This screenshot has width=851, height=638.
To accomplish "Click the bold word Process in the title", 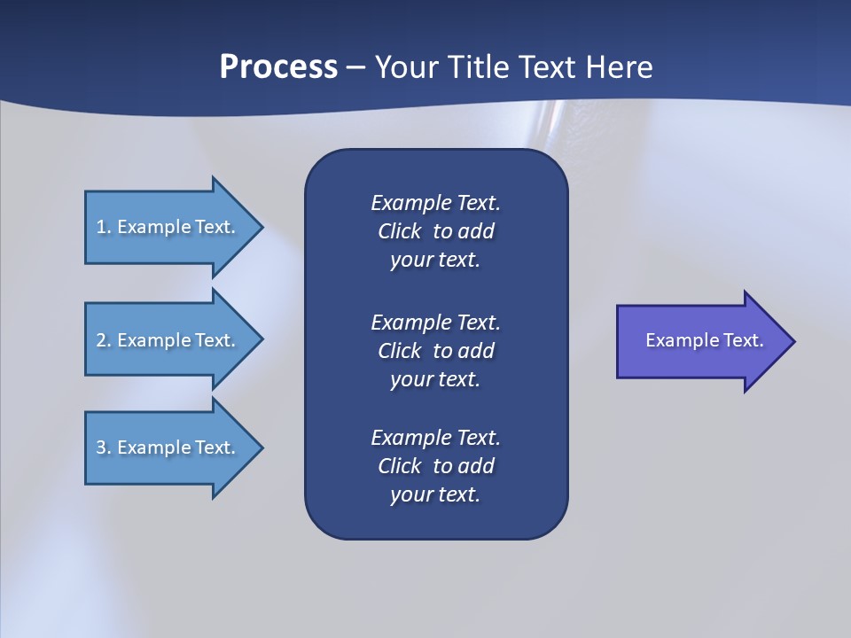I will (278, 67).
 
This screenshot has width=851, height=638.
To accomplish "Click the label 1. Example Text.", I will (165, 227).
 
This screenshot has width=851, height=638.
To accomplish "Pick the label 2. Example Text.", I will (165, 340).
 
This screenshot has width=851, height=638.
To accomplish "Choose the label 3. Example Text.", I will (165, 447).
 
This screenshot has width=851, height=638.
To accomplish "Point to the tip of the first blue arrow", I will (262, 227).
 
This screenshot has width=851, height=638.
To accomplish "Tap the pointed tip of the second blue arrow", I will (262, 340).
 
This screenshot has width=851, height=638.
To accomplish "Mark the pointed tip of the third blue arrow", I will (262, 447).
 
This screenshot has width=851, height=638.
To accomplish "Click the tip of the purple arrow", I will (794, 341).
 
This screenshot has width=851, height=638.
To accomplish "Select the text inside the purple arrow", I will (704, 340).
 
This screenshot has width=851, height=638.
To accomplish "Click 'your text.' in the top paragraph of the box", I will (435, 261).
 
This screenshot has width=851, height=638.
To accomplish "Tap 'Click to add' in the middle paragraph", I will (435, 351).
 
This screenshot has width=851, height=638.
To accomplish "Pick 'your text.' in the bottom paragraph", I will (435, 495).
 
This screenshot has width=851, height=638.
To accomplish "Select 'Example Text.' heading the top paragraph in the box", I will (435, 203).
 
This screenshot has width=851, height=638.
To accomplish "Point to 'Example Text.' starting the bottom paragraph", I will (435, 438).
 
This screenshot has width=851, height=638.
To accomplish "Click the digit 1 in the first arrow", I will (101, 227).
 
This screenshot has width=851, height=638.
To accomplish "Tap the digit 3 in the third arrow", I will (101, 447).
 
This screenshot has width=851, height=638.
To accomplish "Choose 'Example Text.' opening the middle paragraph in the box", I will (435, 323).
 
